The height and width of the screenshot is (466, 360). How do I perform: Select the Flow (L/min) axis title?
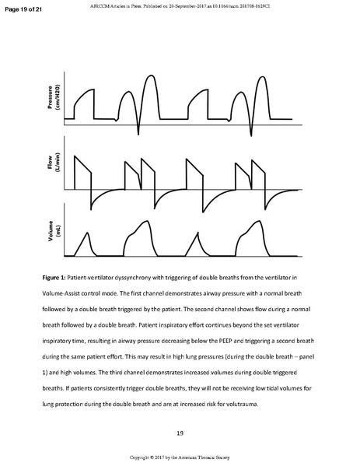point(53,169)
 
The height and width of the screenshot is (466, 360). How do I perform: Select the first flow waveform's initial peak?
point(75,156)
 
